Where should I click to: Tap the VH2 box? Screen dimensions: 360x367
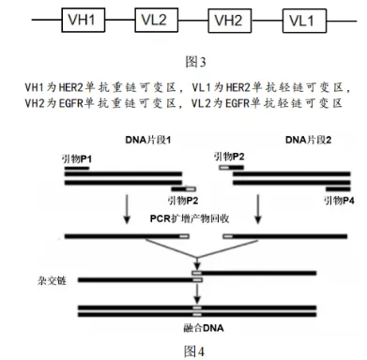click(x=228, y=20)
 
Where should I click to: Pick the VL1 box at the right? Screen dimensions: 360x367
click(x=302, y=20)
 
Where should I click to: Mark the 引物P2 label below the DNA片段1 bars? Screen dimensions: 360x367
click(x=183, y=201)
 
